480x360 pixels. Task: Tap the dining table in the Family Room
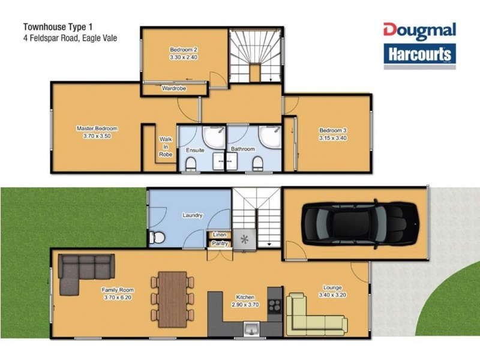pyautogui.click(x=173, y=299)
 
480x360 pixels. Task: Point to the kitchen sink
pyautogui.click(x=252, y=329)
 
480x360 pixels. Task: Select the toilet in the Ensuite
pyautogui.click(x=191, y=163)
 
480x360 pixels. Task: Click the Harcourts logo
pyautogui.click(x=419, y=55)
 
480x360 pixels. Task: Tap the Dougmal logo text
pyautogui.click(x=419, y=31)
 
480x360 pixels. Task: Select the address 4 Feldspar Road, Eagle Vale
pyautogui.click(x=70, y=38)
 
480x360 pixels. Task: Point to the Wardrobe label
pyautogui.click(x=174, y=89)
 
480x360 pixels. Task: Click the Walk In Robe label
pyautogui.click(x=166, y=146)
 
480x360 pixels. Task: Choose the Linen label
pyautogui.click(x=219, y=234)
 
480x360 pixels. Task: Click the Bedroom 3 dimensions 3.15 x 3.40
pyautogui.click(x=333, y=138)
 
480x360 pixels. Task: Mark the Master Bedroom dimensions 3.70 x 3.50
pyautogui.click(x=97, y=136)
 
